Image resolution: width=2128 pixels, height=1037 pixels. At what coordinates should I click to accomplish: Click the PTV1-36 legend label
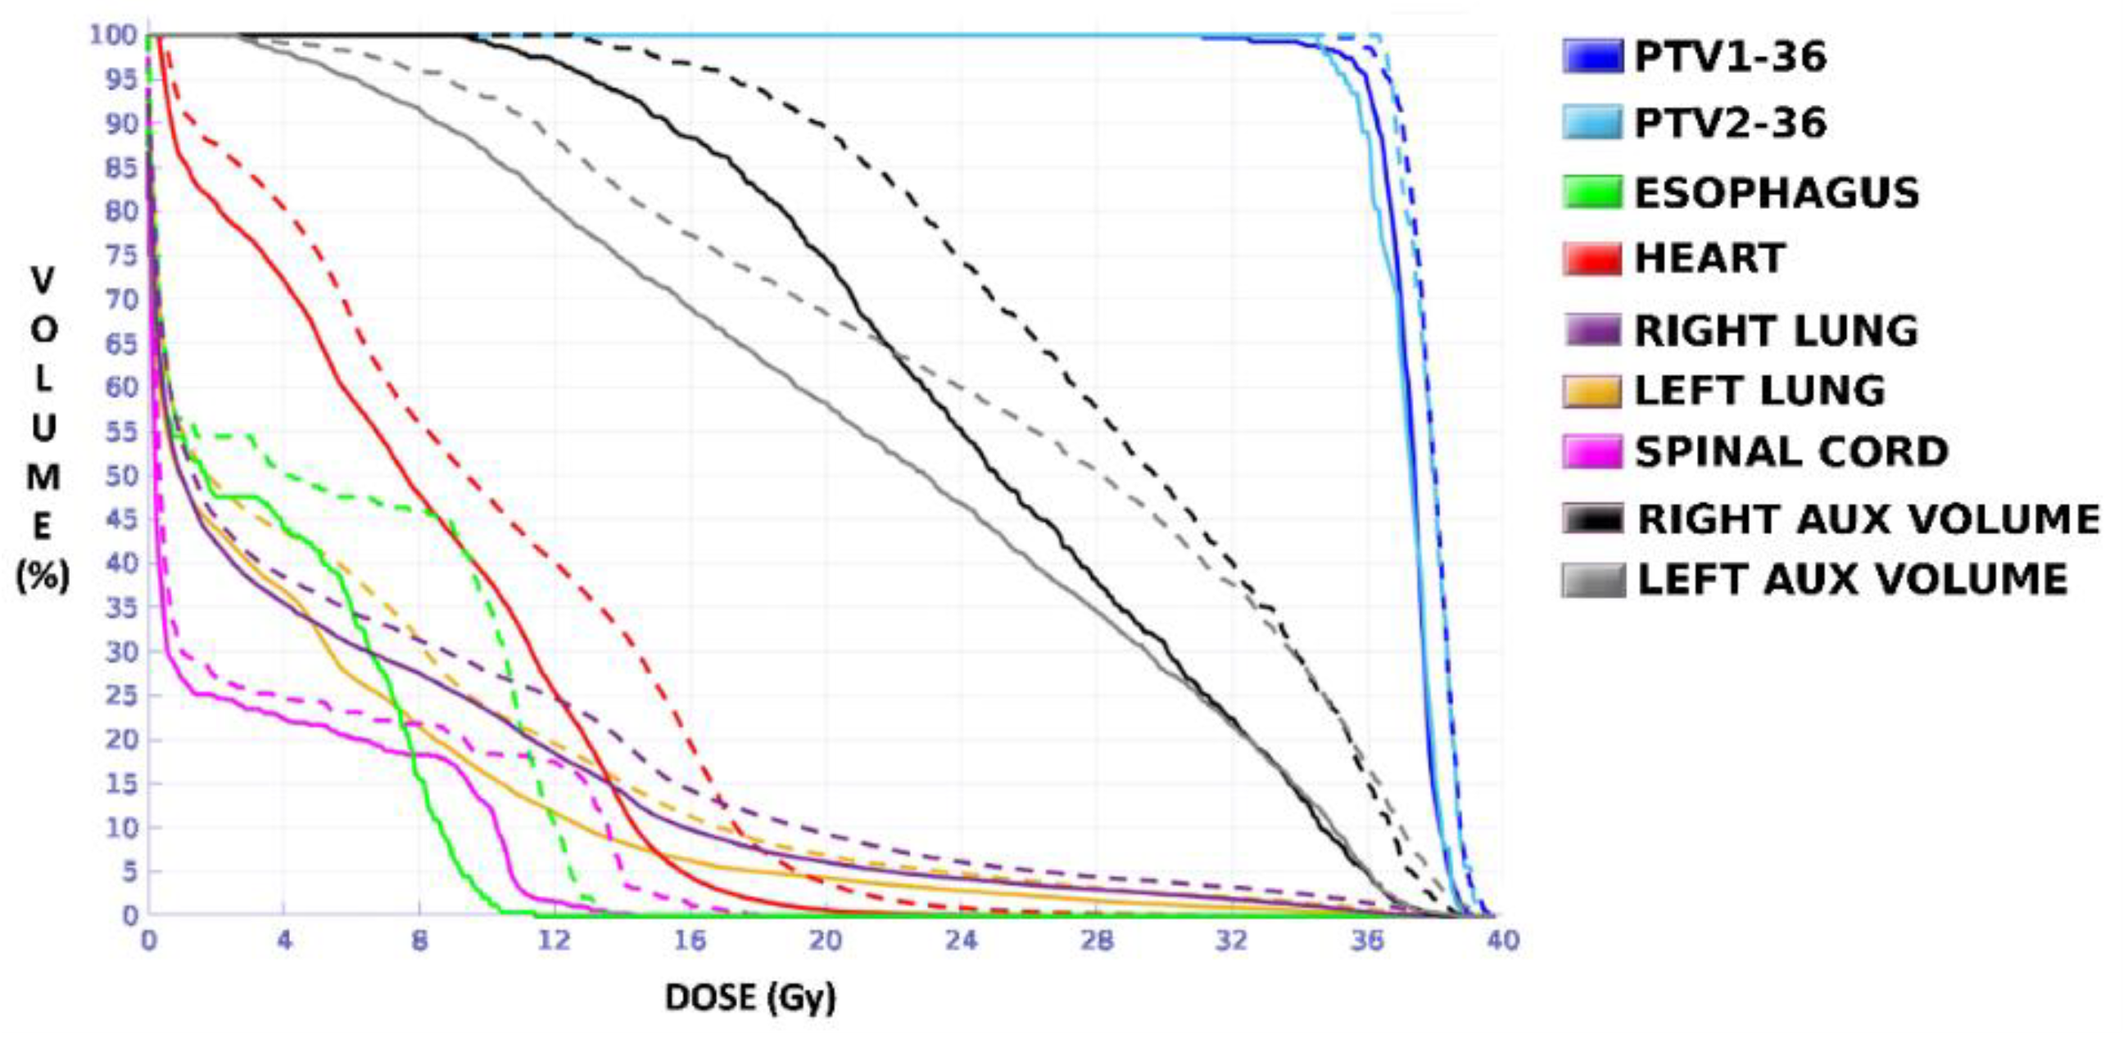tap(1730, 57)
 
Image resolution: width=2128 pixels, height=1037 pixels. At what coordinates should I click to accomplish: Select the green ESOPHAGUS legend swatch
tap(1591, 192)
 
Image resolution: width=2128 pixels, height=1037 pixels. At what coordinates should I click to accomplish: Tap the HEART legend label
tap(1709, 259)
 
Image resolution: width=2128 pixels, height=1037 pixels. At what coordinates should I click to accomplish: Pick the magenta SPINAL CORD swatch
tap(1591, 452)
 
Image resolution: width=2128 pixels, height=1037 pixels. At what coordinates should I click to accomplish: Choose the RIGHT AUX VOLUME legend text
tap(1868, 519)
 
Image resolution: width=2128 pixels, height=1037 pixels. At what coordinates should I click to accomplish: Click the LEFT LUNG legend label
tap(1759, 391)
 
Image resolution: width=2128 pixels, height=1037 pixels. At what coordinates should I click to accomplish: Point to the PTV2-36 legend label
tap(1730, 124)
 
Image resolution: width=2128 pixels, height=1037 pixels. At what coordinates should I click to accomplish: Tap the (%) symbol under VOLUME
tap(43, 576)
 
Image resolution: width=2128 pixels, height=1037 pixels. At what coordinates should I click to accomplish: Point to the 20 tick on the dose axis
tap(825, 941)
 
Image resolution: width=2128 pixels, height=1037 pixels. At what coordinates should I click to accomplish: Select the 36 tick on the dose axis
tap(1367, 941)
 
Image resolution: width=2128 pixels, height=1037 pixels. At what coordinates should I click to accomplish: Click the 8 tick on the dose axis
tap(419, 941)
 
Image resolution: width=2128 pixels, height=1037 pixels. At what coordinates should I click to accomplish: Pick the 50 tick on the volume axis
tap(120, 476)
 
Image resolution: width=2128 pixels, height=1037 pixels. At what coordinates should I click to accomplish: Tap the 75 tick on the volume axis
tap(120, 256)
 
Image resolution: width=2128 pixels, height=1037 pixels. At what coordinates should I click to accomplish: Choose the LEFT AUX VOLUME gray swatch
tap(1592, 579)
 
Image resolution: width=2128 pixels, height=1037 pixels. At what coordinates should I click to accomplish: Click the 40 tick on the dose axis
tap(1503, 941)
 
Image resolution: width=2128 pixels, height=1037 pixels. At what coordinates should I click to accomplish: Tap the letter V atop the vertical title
tap(43, 280)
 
